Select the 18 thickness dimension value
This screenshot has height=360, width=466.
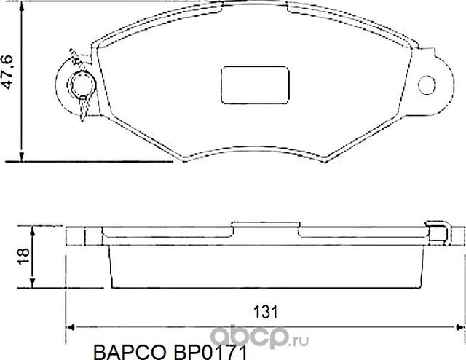click(x=23, y=254)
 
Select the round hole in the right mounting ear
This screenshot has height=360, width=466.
click(x=427, y=83)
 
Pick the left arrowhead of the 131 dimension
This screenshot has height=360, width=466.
click(x=71, y=326)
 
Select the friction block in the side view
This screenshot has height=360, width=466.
click(x=266, y=266)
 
